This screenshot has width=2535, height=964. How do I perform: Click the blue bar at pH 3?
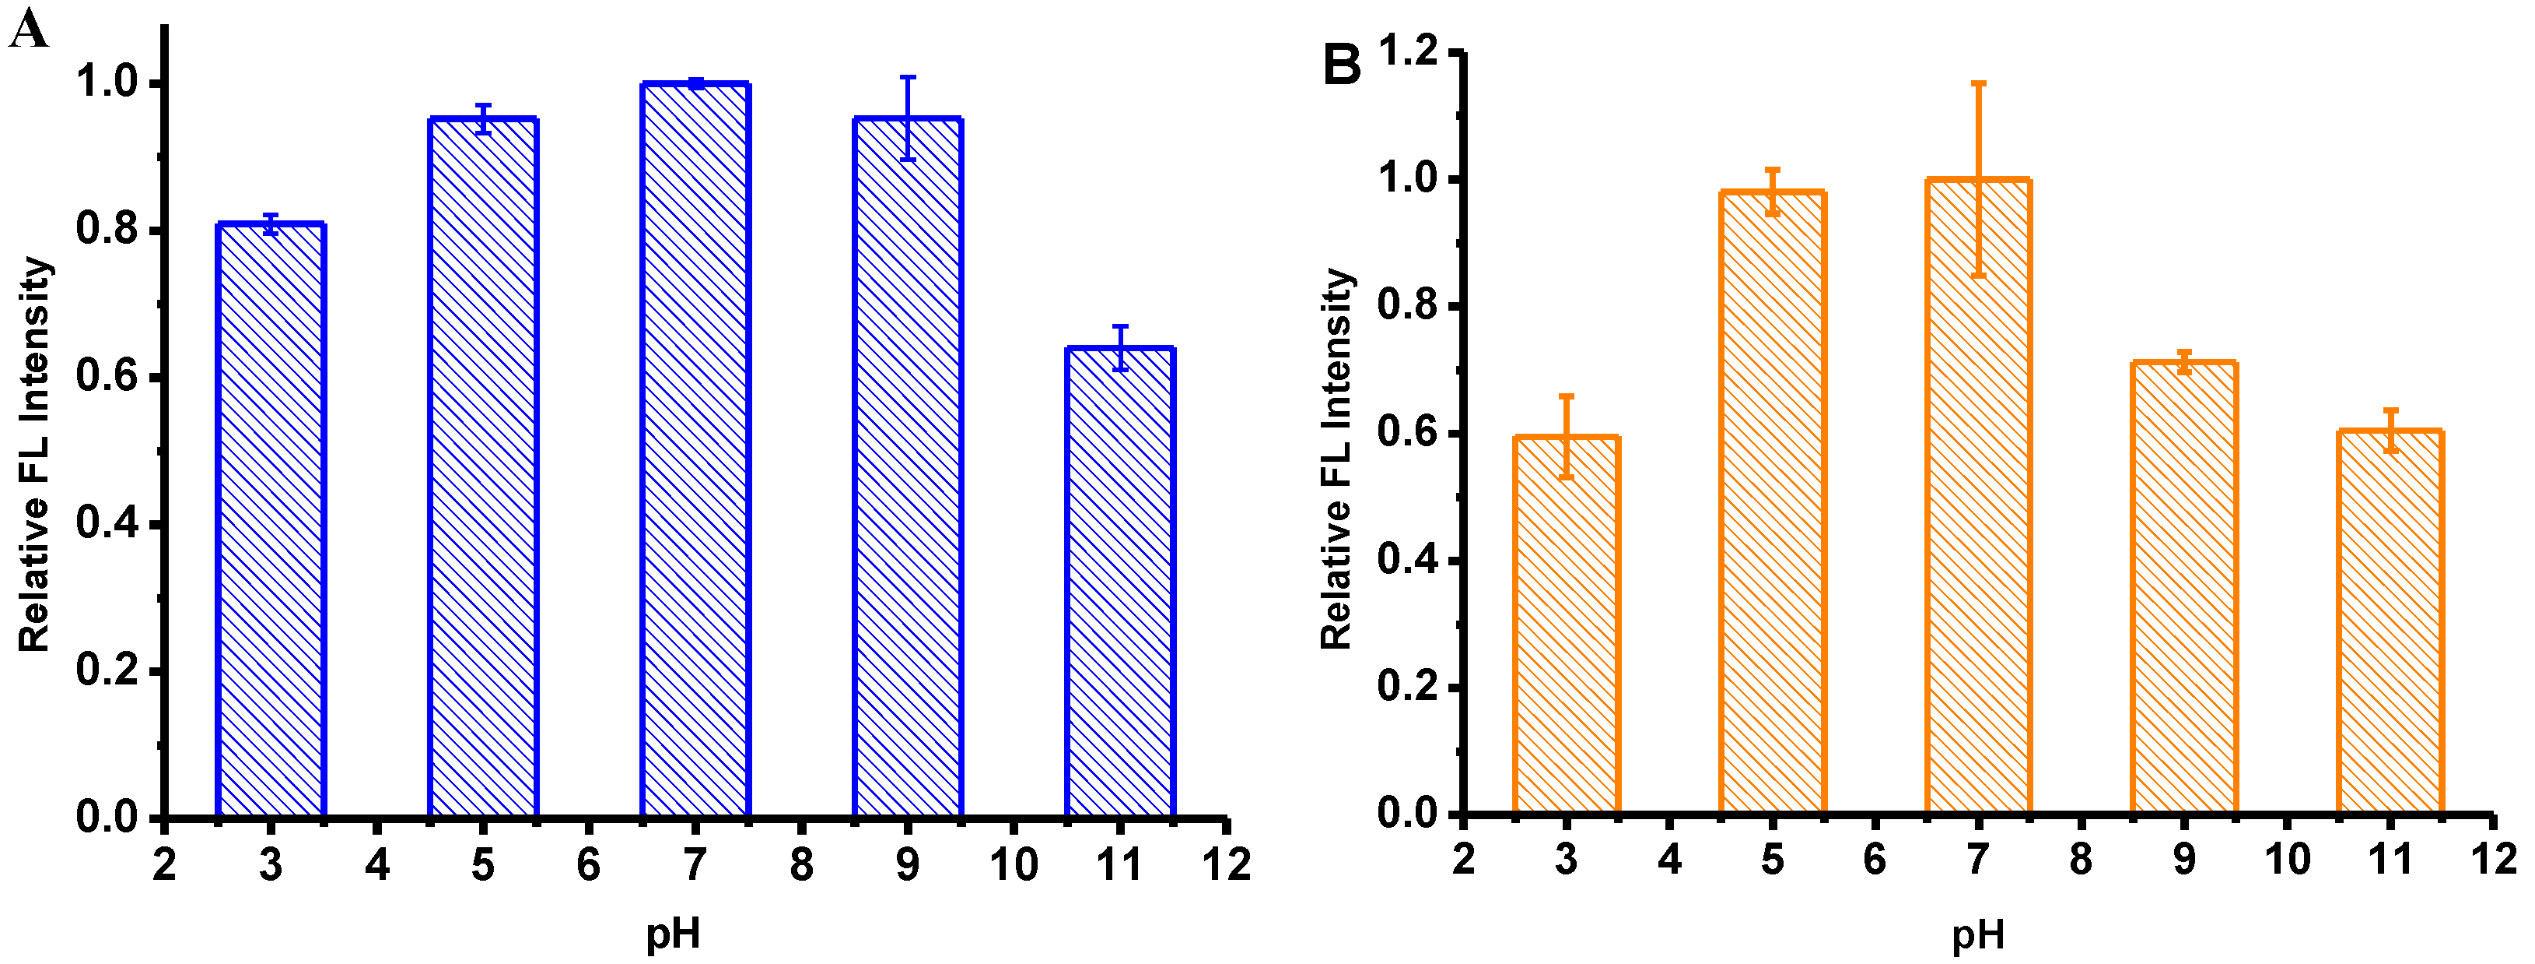(271, 522)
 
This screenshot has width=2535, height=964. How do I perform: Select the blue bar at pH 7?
(695, 453)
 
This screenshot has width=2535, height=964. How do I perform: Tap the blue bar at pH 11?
(1120, 581)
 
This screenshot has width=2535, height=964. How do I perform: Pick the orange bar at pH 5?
(1773, 502)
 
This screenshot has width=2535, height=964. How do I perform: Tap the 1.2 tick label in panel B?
(1407, 51)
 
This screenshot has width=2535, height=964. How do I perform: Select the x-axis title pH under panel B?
(1978, 931)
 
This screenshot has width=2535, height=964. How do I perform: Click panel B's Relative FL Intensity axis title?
(1336, 458)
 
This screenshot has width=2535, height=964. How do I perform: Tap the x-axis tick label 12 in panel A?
(1226, 864)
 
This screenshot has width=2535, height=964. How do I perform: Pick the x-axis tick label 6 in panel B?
(1875, 860)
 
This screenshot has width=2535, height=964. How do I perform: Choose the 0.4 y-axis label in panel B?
(1407, 561)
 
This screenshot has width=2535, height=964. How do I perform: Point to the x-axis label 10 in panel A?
(1014, 864)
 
